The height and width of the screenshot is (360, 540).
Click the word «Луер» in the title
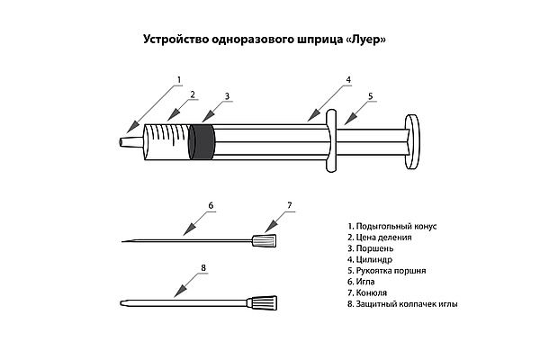coord(369,40)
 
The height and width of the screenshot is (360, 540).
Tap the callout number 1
coord(179,79)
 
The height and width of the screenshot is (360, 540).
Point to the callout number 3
coord(228,95)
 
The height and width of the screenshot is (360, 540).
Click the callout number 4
coord(347,79)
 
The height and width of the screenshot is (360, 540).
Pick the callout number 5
coord(370,95)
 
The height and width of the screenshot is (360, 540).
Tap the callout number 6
coord(211,206)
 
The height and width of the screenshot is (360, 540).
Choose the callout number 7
coord(290,206)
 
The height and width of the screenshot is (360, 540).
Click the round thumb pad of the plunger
coord(415,142)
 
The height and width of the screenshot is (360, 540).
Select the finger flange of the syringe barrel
coord(331,141)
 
